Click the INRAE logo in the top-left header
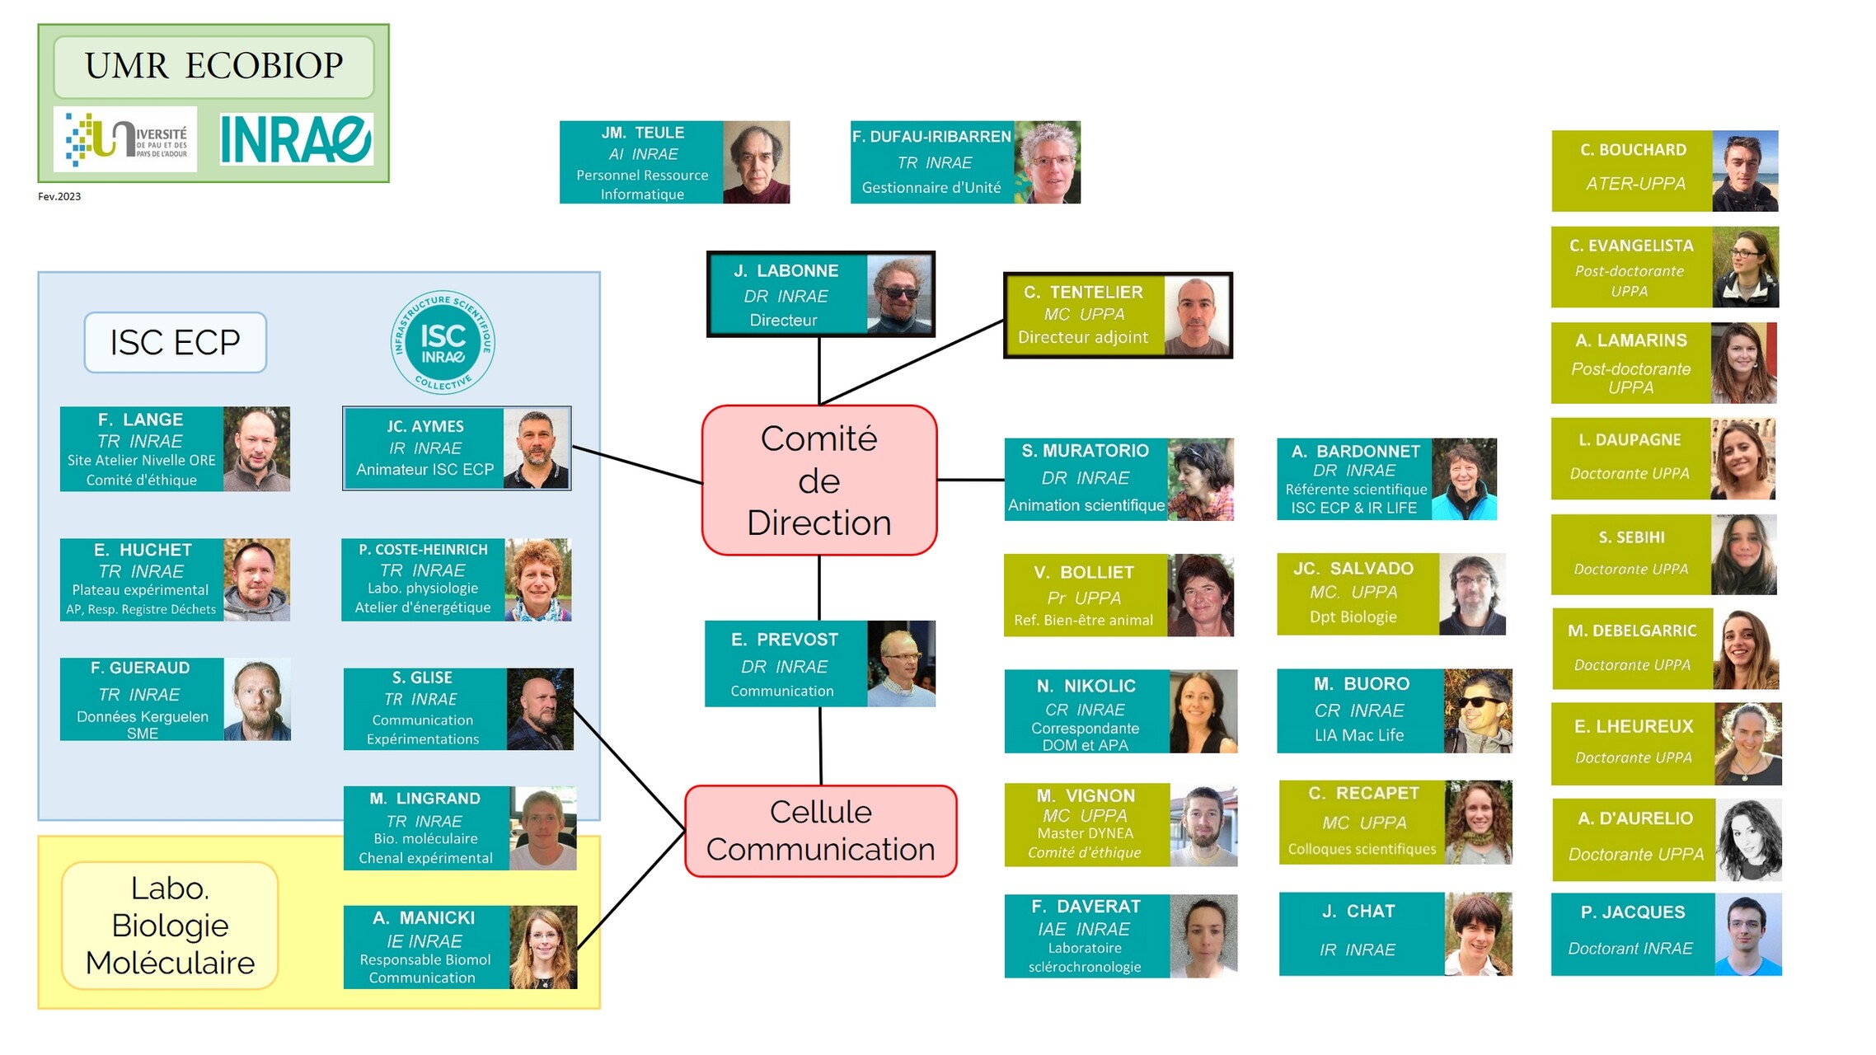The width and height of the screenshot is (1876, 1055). click(296, 138)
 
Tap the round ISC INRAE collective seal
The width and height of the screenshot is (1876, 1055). click(443, 342)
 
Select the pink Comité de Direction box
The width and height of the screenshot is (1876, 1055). click(818, 481)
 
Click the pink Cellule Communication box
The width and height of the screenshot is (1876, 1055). click(820, 831)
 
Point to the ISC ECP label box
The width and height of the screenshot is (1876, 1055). click(175, 342)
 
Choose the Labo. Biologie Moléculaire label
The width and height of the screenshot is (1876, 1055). click(170, 925)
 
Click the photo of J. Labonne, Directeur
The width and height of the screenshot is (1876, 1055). click(899, 294)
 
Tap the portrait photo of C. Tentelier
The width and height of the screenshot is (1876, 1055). click(1197, 315)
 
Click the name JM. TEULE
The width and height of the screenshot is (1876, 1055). click(642, 133)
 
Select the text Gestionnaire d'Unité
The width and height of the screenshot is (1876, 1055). click(931, 188)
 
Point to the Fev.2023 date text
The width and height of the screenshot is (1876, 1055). click(59, 196)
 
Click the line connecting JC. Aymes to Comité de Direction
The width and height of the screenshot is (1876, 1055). click(637, 465)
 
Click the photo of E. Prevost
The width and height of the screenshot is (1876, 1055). click(901, 663)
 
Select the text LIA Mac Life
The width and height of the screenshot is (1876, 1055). click(1358, 735)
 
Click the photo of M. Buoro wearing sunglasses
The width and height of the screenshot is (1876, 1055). click(1478, 710)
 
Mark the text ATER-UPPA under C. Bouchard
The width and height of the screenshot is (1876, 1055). click(1635, 184)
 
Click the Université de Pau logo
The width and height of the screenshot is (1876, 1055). click(126, 139)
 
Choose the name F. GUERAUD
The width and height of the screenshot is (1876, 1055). click(140, 668)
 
